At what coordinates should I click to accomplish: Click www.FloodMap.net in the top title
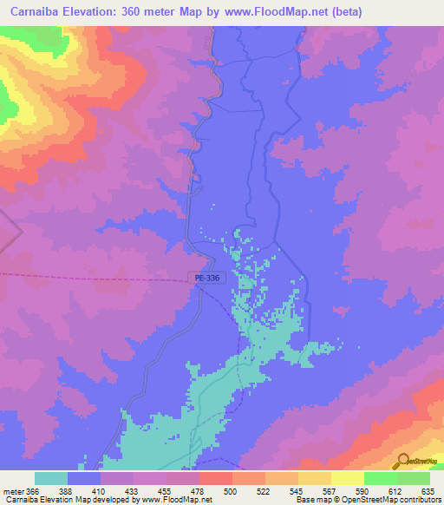click(279, 12)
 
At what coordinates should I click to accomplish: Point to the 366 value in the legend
click(34, 491)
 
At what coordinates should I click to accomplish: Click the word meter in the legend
click(13, 491)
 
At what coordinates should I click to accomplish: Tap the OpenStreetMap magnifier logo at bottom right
click(401, 462)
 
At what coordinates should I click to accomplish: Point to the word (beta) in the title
click(344, 12)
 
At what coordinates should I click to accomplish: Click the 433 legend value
click(132, 491)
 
